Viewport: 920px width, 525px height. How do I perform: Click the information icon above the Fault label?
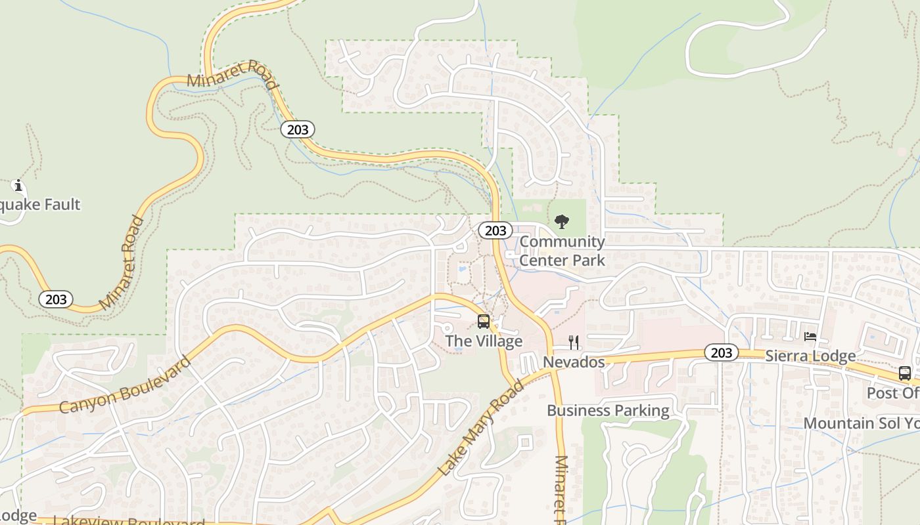[x=18, y=186]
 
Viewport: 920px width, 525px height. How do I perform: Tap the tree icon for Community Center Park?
[x=562, y=222]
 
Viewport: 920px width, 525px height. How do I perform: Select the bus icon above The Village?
[x=484, y=322]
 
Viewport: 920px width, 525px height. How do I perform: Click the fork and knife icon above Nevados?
[x=574, y=342]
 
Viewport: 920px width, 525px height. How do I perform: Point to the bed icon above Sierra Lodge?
[x=810, y=337]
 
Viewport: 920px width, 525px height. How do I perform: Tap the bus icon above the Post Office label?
[x=905, y=373]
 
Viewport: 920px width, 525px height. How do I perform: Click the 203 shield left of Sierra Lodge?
[x=721, y=353]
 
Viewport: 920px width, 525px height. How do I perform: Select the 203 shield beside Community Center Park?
[x=495, y=230]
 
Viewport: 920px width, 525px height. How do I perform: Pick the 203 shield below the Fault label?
[x=56, y=299]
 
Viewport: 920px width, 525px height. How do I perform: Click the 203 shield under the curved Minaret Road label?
[x=298, y=130]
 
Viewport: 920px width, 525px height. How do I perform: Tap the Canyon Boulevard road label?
[x=125, y=385]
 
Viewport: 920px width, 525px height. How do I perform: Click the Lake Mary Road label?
[x=482, y=427]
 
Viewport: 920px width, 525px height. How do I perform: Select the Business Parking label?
[x=608, y=411]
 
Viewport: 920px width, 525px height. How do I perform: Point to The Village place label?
[x=484, y=341]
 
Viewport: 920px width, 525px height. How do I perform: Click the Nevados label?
[x=574, y=362]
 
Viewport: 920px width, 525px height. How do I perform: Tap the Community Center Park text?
[x=562, y=251]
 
